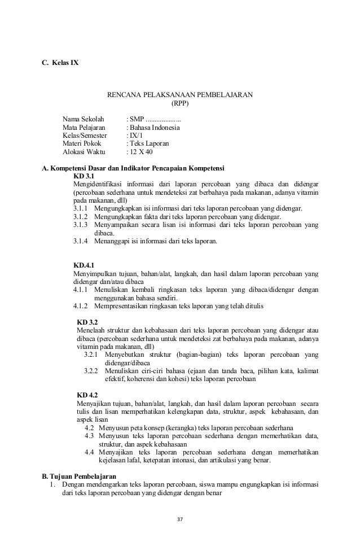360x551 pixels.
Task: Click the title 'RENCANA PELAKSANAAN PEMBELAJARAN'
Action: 180,94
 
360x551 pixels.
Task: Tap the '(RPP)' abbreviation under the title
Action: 180,103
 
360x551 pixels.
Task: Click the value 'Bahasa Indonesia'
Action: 155,128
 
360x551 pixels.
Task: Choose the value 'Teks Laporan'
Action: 150,144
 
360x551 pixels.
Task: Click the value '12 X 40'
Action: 142,152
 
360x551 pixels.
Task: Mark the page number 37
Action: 180,518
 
